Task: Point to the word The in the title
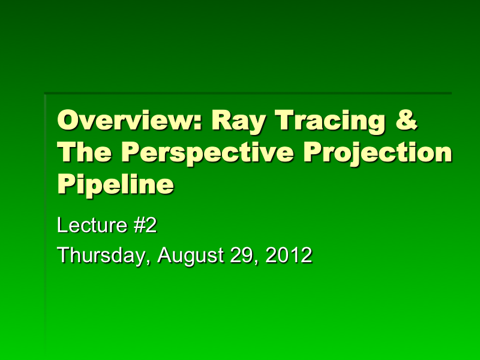click(x=85, y=153)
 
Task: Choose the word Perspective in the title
click(x=208, y=153)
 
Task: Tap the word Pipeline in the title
click(x=115, y=184)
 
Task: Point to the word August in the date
click(x=191, y=255)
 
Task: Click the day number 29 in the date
click(x=244, y=255)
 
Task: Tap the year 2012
click(x=289, y=255)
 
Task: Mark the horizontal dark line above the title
click(x=248, y=93)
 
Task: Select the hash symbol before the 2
click(x=133, y=226)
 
